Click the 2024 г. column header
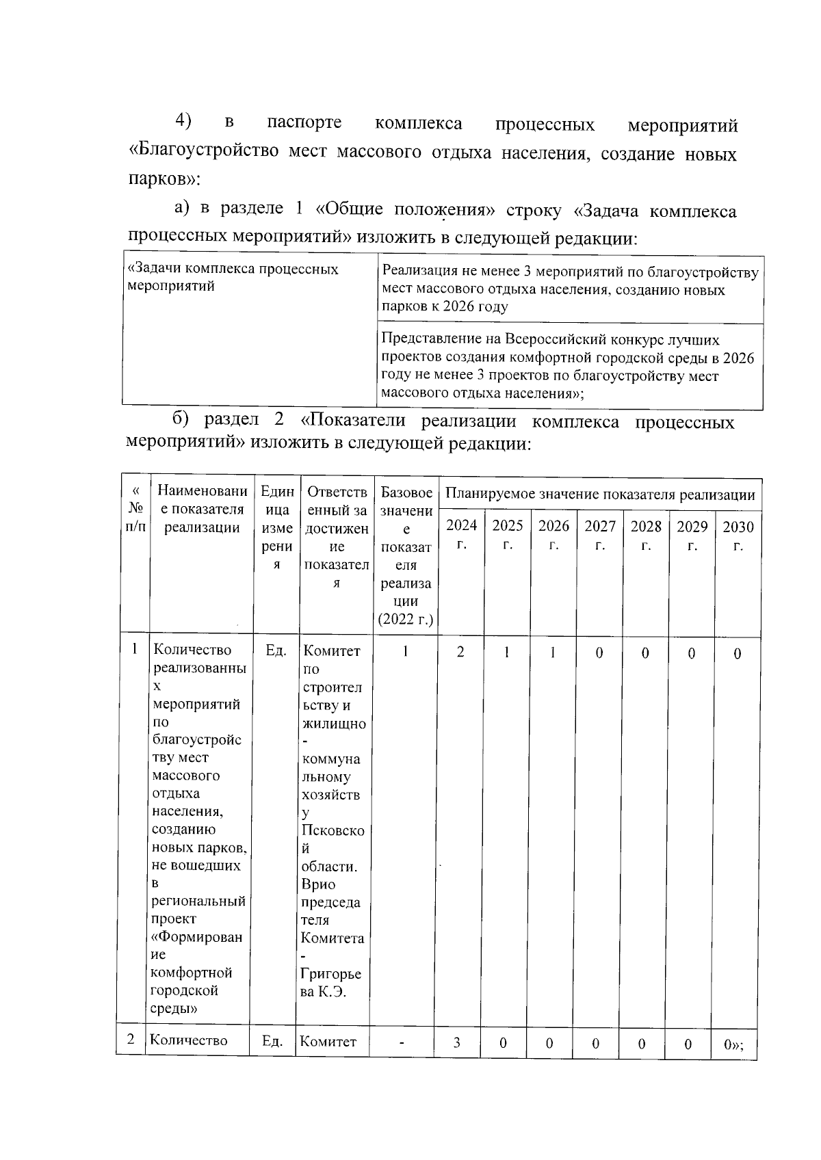[x=461, y=535]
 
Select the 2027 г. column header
[x=599, y=535]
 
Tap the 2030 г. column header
[x=738, y=535]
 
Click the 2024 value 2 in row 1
[x=460, y=652]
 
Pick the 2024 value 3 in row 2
[x=456, y=1043]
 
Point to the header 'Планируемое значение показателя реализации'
[x=600, y=495]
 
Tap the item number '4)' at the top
[x=183, y=120]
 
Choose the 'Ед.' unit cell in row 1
[x=276, y=650]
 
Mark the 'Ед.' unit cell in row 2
[x=272, y=1041]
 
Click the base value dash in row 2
[x=402, y=1043]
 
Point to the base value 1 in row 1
[x=406, y=652]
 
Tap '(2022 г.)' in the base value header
[x=406, y=620]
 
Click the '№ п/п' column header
[x=136, y=509]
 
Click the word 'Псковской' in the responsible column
[x=333, y=839]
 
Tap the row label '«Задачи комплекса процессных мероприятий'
[x=233, y=277]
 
